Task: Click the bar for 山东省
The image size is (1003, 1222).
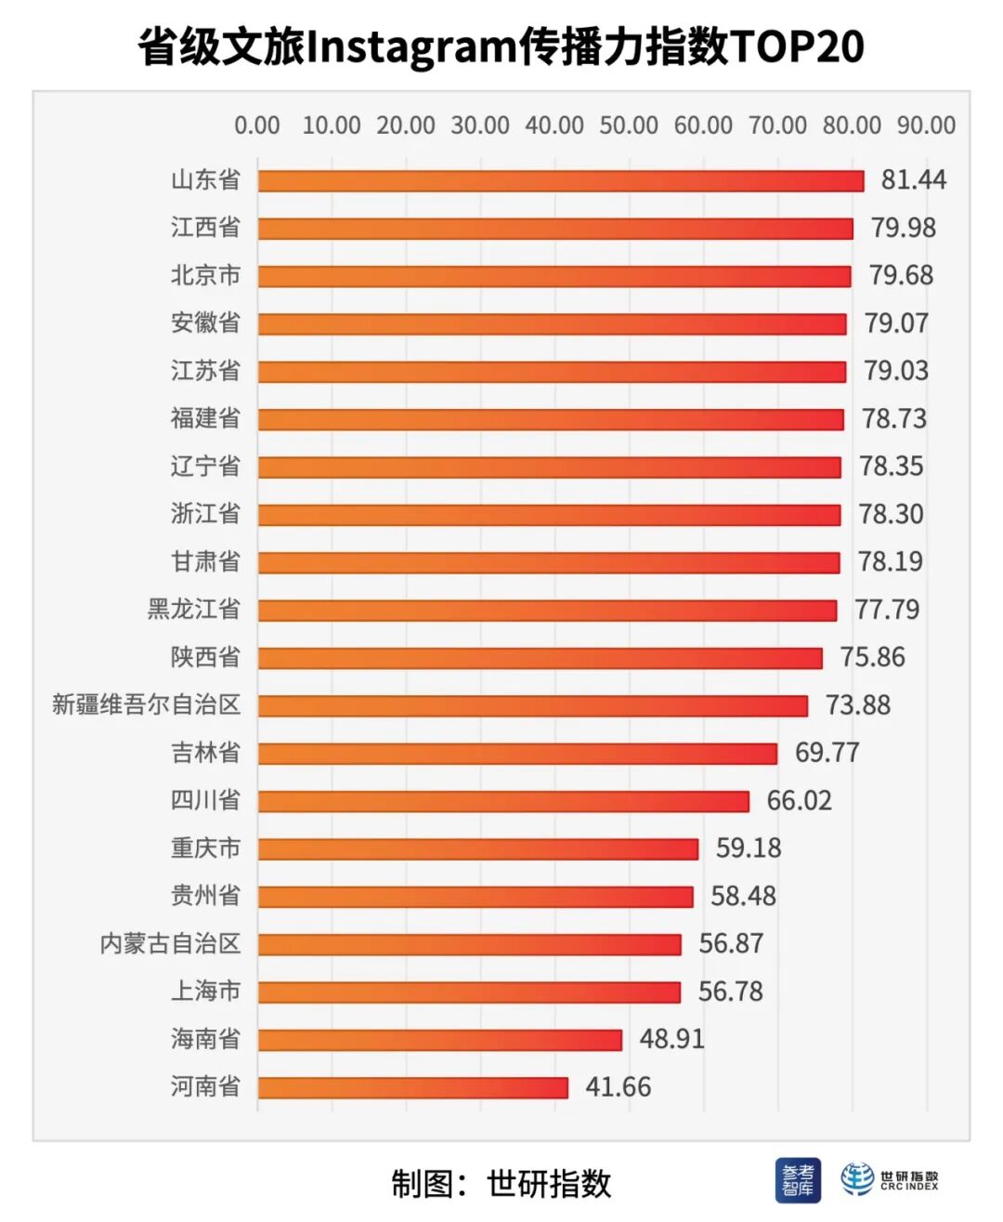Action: pyautogui.click(x=561, y=180)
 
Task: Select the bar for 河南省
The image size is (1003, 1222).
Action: pyautogui.click(x=413, y=1087)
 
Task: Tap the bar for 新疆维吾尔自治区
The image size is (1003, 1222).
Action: pyautogui.click(x=533, y=705)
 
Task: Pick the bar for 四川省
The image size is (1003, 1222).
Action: pyautogui.click(x=503, y=801)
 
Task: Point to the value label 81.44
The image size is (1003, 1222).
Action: pyautogui.click(x=913, y=179)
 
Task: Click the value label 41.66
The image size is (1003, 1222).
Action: pyautogui.click(x=618, y=1086)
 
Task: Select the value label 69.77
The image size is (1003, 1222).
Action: pyautogui.click(x=827, y=752)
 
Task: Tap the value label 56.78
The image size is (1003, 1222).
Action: pyautogui.click(x=730, y=991)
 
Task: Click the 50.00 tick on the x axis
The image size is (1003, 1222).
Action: pyautogui.click(x=629, y=125)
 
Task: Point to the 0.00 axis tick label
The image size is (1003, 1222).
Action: pyautogui.click(x=257, y=125)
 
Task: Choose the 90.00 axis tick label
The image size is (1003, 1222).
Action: pyautogui.click(x=926, y=125)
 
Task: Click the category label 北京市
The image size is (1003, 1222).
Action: pyautogui.click(x=205, y=275)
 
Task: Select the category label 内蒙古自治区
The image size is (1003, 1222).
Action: pyautogui.click(x=170, y=943)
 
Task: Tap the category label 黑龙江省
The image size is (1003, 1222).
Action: pyautogui.click(x=193, y=609)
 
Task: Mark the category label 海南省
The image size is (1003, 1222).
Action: pyautogui.click(x=205, y=1038)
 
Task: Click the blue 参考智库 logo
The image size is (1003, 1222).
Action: pyautogui.click(x=798, y=1180)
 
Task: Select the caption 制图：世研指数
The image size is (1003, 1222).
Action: pyautogui.click(x=501, y=1184)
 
